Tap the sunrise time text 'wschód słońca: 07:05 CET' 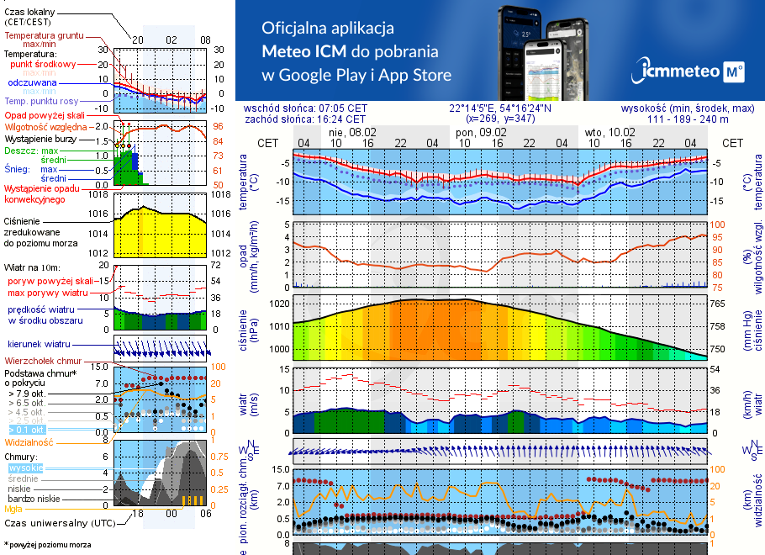click(305, 108)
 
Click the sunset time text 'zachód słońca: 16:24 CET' click(305, 119)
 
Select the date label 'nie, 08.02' click(353, 133)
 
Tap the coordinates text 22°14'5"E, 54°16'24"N click(499, 108)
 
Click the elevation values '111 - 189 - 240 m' click(688, 119)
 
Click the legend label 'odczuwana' click(32, 82)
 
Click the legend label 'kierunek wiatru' click(38, 345)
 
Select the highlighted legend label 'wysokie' click(25, 468)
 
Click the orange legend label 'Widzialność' click(29, 441)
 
